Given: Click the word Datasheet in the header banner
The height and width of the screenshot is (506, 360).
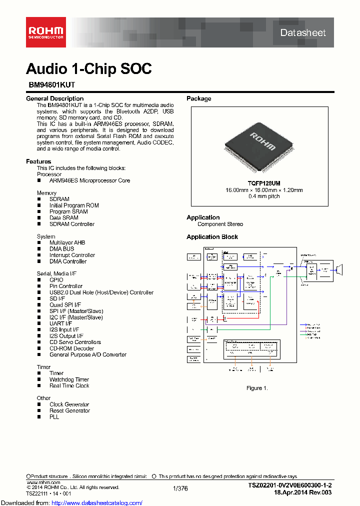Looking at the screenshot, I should tap(302, 33).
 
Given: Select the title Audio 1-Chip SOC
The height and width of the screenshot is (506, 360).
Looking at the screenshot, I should tap(89, 69).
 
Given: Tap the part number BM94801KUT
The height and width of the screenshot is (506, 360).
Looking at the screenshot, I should tap(51, 85).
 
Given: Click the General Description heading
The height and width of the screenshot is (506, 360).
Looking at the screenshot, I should tap(54, 98).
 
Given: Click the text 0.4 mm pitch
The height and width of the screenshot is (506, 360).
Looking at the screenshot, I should tap(263, 196).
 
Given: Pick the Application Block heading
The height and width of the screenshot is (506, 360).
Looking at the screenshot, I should tap(212, 237).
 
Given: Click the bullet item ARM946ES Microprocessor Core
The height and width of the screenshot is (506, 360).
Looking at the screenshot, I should tap(89, 180).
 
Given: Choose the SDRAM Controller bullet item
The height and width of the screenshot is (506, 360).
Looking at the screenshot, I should tap(71, 224).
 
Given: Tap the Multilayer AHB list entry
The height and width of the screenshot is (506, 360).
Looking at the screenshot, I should tap(67, 242).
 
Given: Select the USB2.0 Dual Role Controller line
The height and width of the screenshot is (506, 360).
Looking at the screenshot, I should tap(101, 292).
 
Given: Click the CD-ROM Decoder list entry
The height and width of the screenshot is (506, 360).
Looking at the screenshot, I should tap(71, 348).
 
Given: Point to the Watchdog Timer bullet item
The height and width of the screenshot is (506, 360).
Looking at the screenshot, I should tap(69, 379).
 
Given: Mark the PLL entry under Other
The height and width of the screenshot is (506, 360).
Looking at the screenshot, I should tap(54, 416).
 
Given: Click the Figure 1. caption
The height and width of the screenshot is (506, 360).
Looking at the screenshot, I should tap(257, 388).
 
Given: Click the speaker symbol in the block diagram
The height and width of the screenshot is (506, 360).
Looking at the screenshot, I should tap(340, 270).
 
